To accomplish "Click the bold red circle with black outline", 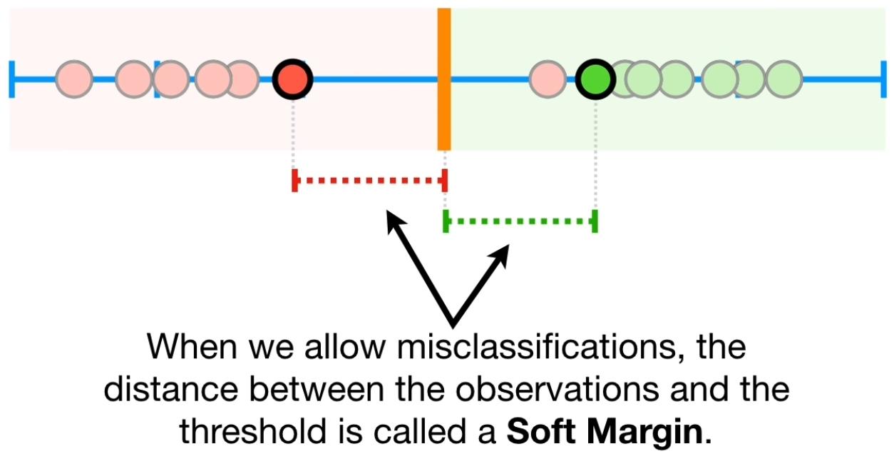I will [x=293, y=79].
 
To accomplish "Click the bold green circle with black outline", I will [x=595, y=79].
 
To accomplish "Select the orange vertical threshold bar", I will [x=443, y=79].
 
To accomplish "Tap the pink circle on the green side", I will [x=548, y=79].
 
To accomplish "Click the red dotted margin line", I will [x=369, y=181].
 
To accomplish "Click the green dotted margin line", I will [x=520, y=221].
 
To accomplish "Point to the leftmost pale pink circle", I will [x=74, y=79].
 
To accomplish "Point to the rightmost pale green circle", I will [x=783, y=79].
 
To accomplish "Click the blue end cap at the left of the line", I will [x=12, y=79].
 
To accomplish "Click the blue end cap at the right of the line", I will [x=883, y=79].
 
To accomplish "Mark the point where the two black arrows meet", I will [x=450, y=321].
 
